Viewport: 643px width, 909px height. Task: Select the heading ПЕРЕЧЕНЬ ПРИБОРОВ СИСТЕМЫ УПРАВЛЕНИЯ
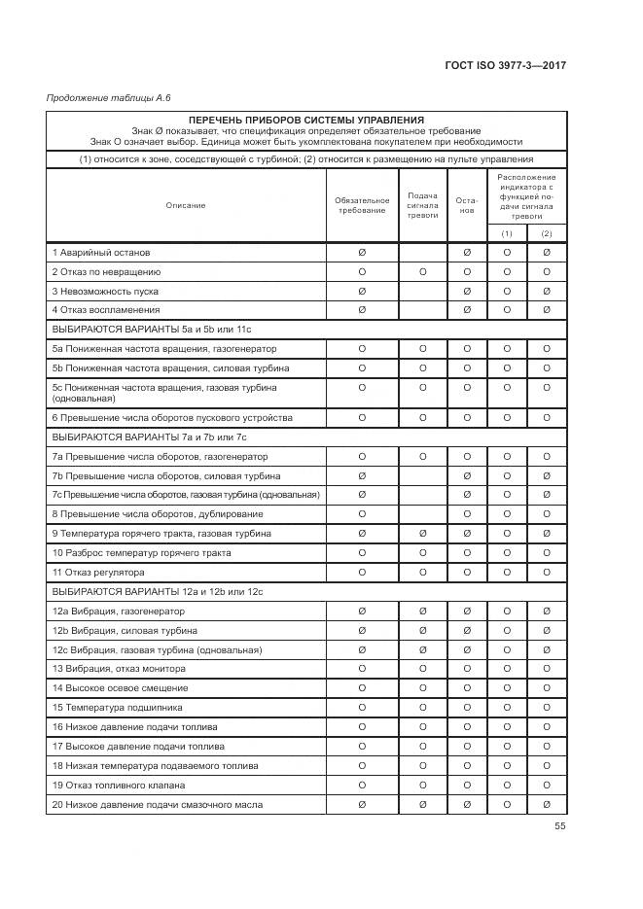click(306, 119)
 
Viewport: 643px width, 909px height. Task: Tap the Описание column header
click(185, 205)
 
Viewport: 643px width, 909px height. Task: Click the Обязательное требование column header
click(362, 205)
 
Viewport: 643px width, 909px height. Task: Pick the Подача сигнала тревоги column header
click(422, 205)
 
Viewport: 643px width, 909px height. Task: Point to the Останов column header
click(467, 205)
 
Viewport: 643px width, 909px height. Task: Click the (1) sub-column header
click(507, 233)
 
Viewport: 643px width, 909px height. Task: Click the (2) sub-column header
click(547, 233)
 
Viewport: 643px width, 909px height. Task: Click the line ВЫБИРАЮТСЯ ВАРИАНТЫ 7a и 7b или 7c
click(149, 437)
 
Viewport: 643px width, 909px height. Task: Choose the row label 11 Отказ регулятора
click(97, 573)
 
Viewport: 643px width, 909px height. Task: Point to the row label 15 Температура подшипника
click(117, 708)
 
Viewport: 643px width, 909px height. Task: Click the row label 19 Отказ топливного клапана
click(121, 785)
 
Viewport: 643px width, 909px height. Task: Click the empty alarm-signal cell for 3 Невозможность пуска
click(422, 291)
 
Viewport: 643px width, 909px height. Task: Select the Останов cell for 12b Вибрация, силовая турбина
click(467, 630)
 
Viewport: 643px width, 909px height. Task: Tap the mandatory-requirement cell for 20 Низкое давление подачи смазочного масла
click(362, 804)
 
